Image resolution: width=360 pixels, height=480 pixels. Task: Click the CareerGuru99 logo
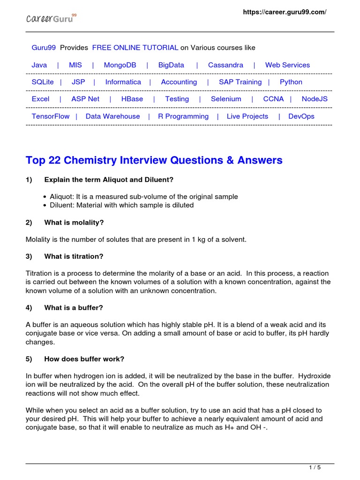[51, 19]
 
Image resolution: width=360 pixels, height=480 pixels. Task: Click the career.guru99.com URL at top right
[284, 12]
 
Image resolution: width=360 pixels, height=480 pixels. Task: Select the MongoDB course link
[120, 65]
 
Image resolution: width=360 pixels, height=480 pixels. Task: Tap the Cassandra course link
[225, 65]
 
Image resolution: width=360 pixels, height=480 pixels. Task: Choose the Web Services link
[287, 65]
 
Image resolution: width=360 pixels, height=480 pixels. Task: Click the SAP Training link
[240, 82]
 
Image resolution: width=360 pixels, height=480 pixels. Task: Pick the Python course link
[291, 82]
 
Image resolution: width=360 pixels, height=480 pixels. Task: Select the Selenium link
[226, 99]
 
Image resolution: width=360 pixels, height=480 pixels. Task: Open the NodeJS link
[315, 99]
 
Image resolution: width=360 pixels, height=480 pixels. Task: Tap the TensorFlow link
[51, 116]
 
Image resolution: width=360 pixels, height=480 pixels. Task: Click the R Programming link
[183, 116]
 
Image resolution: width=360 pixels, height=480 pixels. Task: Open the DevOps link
[301, 116]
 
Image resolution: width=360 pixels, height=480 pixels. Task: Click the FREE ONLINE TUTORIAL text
[135, 48]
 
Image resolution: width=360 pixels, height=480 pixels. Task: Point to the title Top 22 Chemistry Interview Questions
[154, 160]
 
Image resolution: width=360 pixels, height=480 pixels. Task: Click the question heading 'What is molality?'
[74, 223]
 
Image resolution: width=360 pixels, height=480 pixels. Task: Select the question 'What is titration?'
[74, 256]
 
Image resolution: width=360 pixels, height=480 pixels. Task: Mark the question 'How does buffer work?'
[84, 359]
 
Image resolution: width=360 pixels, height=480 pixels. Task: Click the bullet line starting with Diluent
[121, 205]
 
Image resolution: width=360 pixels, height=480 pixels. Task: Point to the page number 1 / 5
[315, 467]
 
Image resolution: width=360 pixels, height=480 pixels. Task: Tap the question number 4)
[29, 307]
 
